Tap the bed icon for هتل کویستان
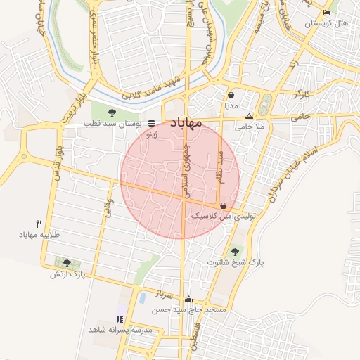click(x=326, y=13)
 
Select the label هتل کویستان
click(x=327, y=24)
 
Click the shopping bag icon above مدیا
click(x=231, y=95)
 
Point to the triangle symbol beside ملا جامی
click(x=248, y=117)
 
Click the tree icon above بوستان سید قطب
click(x=112, y=112)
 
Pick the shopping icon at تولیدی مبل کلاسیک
click(x=224, y=205)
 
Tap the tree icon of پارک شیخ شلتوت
click(x=235, y=251)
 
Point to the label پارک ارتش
click(x=67, y=274)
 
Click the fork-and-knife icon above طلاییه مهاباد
click(x=49, y=223)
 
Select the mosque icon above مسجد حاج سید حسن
click(x=188, y=299)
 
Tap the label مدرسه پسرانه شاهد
click(x=118, y=330)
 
